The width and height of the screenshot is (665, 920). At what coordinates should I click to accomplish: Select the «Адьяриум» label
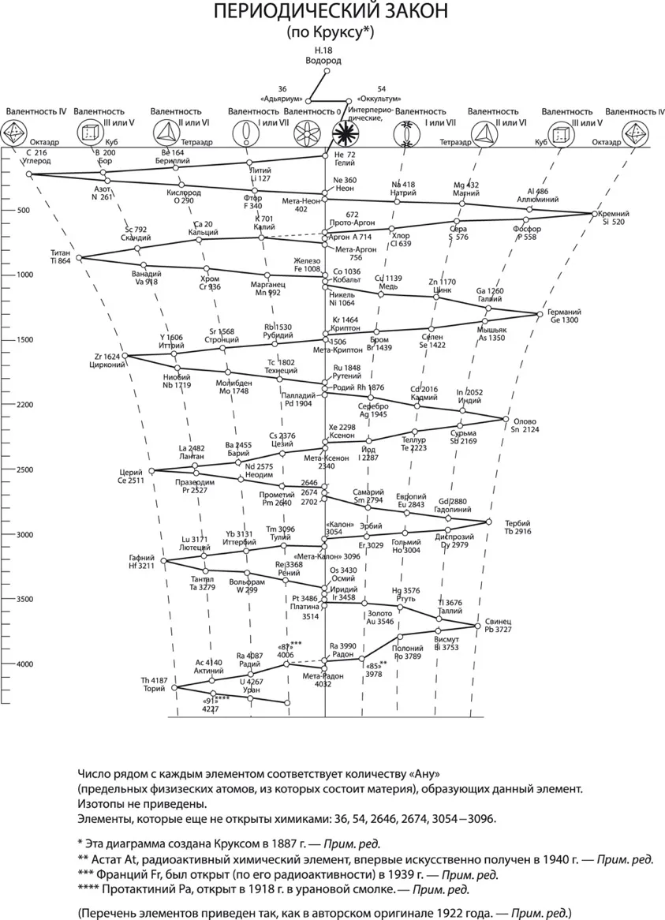282,99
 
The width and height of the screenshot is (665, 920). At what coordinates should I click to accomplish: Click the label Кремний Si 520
614,219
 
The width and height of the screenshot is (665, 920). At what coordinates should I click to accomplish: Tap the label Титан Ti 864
59,256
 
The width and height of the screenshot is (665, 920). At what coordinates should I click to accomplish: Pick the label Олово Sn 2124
526,425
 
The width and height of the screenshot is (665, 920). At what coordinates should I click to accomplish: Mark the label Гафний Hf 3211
142,563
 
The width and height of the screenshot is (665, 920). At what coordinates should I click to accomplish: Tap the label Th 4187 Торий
154,684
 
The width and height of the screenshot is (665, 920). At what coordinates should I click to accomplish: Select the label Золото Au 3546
380,617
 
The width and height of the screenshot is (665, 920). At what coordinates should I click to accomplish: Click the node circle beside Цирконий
127,357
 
